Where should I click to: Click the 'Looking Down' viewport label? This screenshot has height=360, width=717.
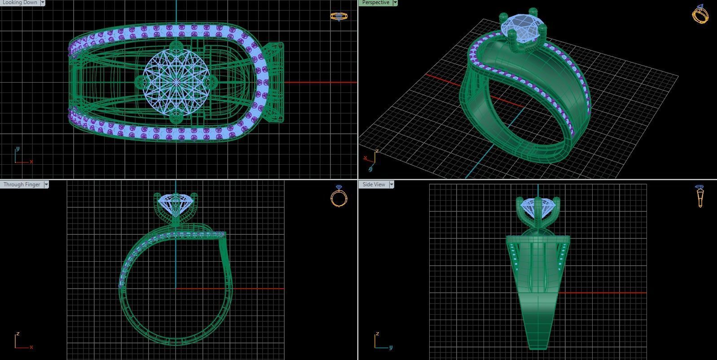(20, 3)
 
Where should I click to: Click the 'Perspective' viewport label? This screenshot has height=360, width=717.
(375, 3)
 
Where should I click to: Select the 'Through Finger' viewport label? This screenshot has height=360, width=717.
(22, 184)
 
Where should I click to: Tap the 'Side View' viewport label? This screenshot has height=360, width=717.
(374, 184)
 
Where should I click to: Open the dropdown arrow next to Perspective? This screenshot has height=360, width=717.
(395, 3)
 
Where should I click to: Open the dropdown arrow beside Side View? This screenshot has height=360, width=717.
(391, 184)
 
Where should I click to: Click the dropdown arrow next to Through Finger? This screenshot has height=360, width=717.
(46, 184)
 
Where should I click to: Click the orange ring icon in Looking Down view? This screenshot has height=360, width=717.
(339, 17)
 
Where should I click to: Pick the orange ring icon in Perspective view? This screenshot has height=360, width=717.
(700, 14)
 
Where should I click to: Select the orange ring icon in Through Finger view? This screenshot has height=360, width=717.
(339, 196)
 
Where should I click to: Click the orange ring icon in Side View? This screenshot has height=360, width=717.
(699, 196)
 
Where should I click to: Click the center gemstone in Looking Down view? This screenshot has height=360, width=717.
(176, 82)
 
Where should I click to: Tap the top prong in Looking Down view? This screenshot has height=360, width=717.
(175, 46)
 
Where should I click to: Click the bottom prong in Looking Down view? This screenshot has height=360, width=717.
(176, 118)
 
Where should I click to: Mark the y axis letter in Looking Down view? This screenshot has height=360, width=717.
(18, 149)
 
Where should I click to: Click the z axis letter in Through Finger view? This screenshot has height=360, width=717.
(18, 334)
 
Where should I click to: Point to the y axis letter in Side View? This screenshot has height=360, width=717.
(391, 347)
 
